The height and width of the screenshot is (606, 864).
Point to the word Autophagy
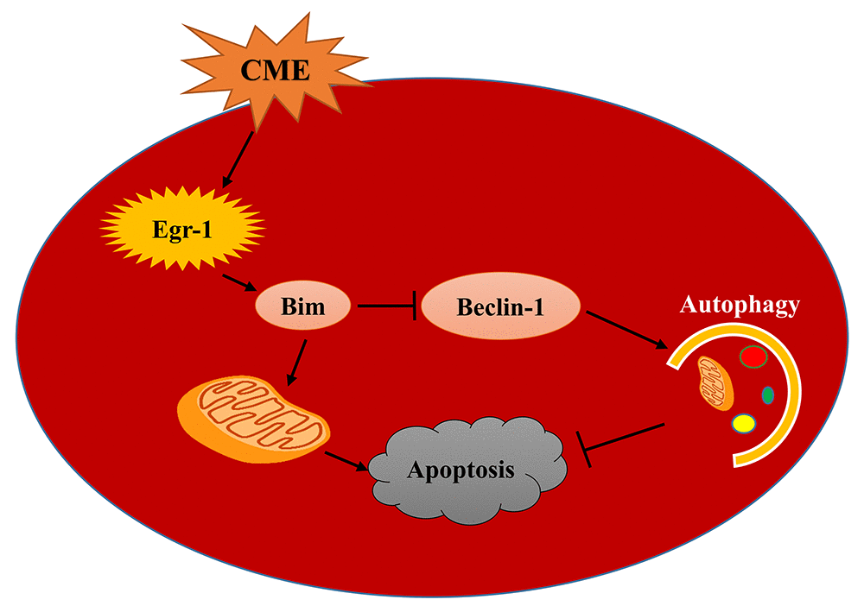tap(740, 305)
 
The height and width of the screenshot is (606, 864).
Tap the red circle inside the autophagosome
tap(753, 357)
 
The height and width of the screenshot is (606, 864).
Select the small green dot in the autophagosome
tap(766, 395)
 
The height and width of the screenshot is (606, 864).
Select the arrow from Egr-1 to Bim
tap(237, 283)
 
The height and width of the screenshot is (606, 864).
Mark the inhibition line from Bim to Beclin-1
tap(389, 305)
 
